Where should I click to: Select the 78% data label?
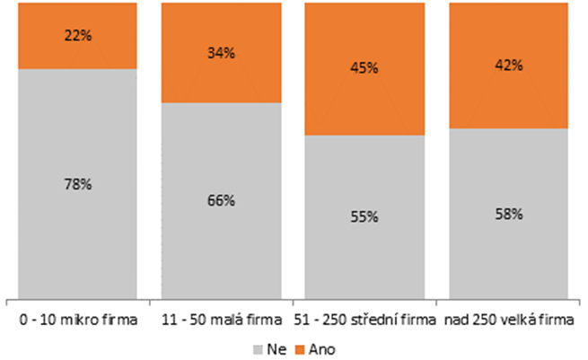click(x=77, y=184)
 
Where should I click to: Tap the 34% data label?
click(x=221, y=52)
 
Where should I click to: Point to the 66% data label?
click(x=221, y=201)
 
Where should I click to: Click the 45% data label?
click(x=365, y=68)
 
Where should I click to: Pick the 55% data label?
click(x=365, y=217)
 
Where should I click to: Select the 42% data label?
click(x=509, y=65)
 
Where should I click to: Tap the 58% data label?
click(x=509, y=214)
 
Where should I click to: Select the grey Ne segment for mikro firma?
click(x=77, y=233)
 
